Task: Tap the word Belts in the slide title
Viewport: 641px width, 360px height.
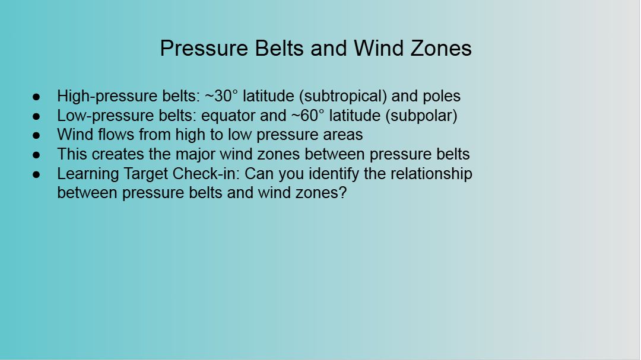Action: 279,48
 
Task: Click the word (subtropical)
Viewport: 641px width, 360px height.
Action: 343,97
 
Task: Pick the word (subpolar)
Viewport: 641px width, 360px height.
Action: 421,116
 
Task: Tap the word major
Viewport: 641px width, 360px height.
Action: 196,155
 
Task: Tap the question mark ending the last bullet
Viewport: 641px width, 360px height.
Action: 343,193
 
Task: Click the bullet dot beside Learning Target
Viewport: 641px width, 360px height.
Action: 36,174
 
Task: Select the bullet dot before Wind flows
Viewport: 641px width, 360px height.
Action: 36,135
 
